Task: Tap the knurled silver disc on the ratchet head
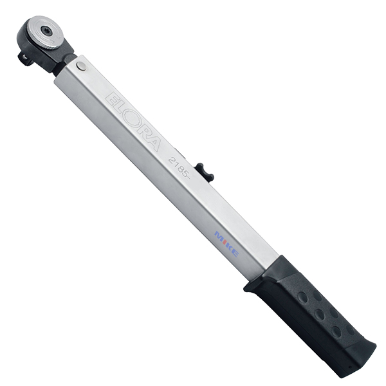[46, 33]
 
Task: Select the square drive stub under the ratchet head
[25, 59]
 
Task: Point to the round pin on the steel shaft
[81, 66]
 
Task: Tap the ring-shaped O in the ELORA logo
[133, 121]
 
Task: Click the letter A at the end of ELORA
[152, 143]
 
